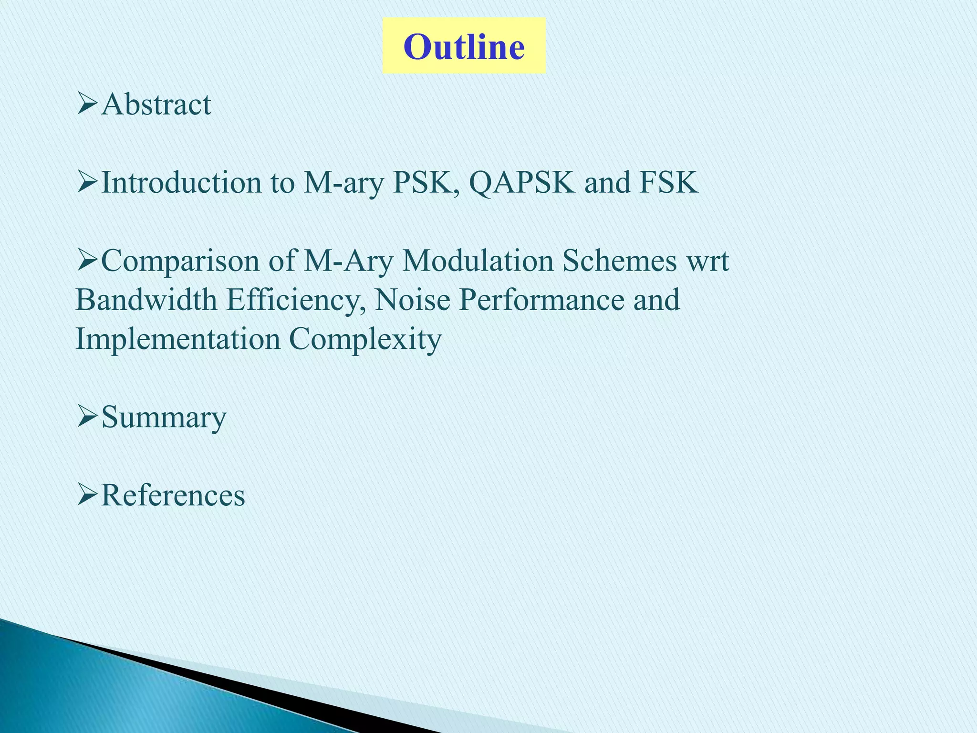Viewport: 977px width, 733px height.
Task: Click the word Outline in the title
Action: pyautogui.click(x=464, y=47)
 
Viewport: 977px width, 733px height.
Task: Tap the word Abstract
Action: pyautogui.click(x=156, y=104)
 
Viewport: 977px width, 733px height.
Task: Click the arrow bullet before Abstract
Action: pyautogui.click(x=87, y=104)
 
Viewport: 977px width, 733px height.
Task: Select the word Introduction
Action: pyautogui.click(x=181, y=182)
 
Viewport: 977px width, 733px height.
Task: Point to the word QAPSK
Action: pyautogui.click(x=522, y=182)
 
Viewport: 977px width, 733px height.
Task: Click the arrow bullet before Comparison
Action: pyautogui.click(x=87, y=261)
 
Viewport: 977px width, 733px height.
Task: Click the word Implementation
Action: pyautogui.click(x=178, y=339)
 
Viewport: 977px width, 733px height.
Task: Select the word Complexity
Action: pyautogui.click(x=365, y=340)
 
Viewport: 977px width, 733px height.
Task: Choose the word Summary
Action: pyautogui.click(x=164, y=418)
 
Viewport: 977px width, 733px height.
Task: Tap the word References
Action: pyautogui.click(x=173, y=495)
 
